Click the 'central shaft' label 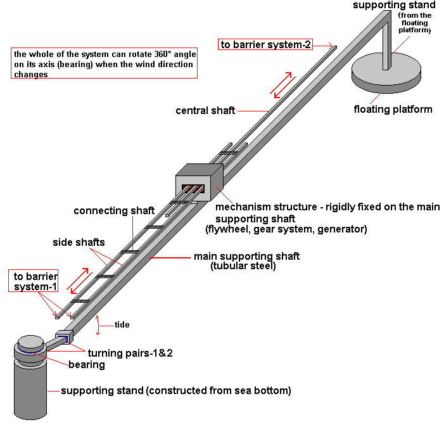coord(205,111)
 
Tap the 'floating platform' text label coord(393,109)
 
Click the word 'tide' coord(122,324)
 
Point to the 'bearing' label coord(86,365)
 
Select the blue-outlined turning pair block coord(64,338)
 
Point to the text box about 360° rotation coord(104,63)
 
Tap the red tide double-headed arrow coord(97,324)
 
